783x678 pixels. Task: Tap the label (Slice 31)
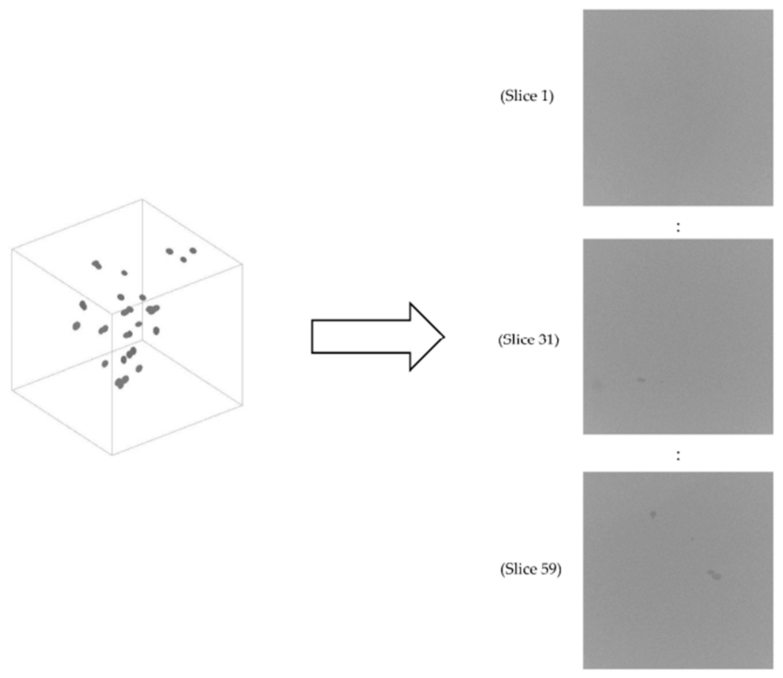coord(528,340)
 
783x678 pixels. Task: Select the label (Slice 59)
coord(530,569)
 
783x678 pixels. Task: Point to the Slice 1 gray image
coord(677,108)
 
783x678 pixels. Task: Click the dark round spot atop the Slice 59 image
coord(653,514)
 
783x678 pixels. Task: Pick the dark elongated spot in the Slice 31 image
coord(641,379)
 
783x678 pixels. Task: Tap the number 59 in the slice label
coord(548,569)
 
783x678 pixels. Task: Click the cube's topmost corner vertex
coord(142,199)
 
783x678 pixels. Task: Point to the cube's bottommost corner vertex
coord(112,455)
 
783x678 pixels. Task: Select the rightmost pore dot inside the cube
coord(193,250)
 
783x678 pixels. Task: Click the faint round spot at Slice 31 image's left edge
coord(597,385)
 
